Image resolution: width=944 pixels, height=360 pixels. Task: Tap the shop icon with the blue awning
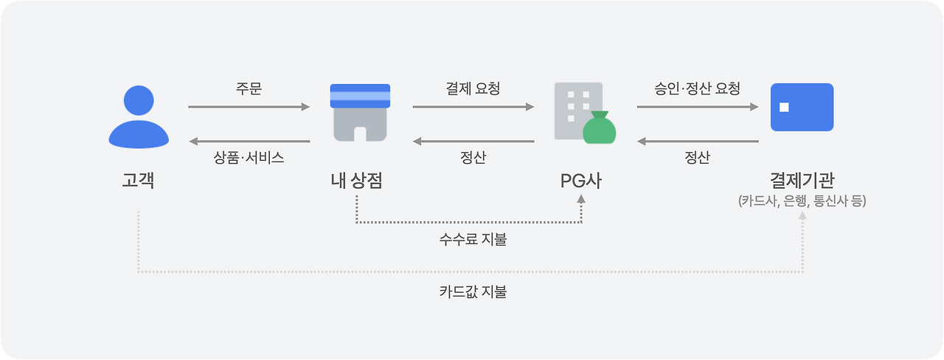[x=360, y=112]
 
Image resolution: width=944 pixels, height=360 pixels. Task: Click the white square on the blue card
[x=784, y=108]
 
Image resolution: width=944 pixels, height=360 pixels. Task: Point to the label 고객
[x=139, y=181]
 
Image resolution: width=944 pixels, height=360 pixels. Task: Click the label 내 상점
[x=357, y=181]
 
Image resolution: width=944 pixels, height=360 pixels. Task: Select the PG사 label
[x=581, y=181]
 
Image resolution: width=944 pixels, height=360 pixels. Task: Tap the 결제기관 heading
[x=802, y=181]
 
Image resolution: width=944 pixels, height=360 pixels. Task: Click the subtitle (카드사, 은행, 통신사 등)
[x=802, y=201]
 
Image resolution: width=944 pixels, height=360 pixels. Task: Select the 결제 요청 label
[x=473, y=89]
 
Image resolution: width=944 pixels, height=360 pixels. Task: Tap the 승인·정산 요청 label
[x=697, y=89]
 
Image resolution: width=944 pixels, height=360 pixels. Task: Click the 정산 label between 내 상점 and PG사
[x=473, y=157]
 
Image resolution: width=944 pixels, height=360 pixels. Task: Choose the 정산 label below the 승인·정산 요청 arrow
[x=697, y=157]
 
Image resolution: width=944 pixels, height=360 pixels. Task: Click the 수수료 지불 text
[x=473, y=239]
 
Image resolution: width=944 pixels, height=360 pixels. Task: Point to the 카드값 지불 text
[x=473, y=291]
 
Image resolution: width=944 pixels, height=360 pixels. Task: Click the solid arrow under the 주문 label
[x=249, y=108]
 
